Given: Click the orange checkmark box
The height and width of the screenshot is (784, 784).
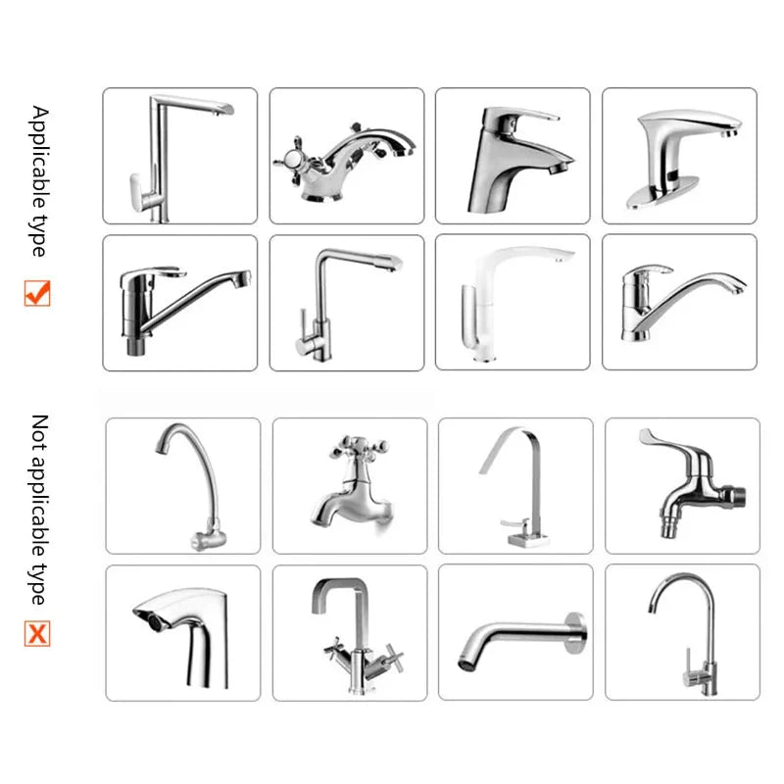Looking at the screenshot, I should pos(37,293).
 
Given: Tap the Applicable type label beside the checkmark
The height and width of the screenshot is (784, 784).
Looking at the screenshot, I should pos(38,181).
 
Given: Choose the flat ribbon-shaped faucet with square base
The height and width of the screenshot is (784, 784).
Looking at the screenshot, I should pos(515,485).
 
